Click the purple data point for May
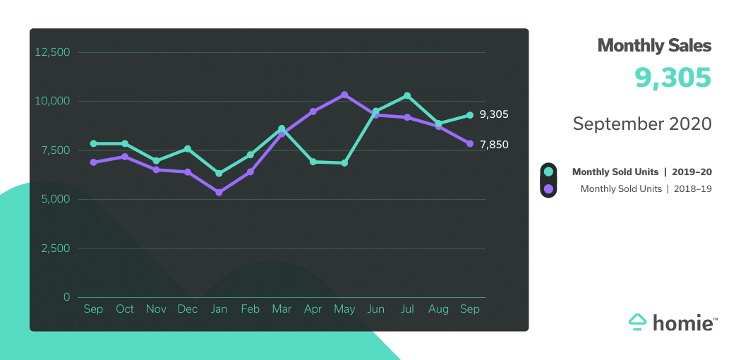click(344, 95)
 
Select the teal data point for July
click(407, 95)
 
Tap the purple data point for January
click(219, 192)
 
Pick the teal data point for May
click(344, 163)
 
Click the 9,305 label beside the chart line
click(494, 114)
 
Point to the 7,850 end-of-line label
click(494, 145)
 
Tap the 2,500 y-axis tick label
click(55, 248)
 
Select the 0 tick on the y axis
click(66, 297)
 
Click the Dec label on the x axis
click(188, 309)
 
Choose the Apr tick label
click(313, 309)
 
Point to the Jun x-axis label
click(375, 309)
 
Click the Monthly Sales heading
click(654, 46)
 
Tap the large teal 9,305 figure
click(672, 78)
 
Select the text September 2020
click(642, 124)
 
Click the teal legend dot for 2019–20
click(548, 172)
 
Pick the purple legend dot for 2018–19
click(548, 188)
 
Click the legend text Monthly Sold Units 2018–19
click(646, 188)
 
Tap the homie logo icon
click(637, 322)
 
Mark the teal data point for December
click(188, 149)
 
